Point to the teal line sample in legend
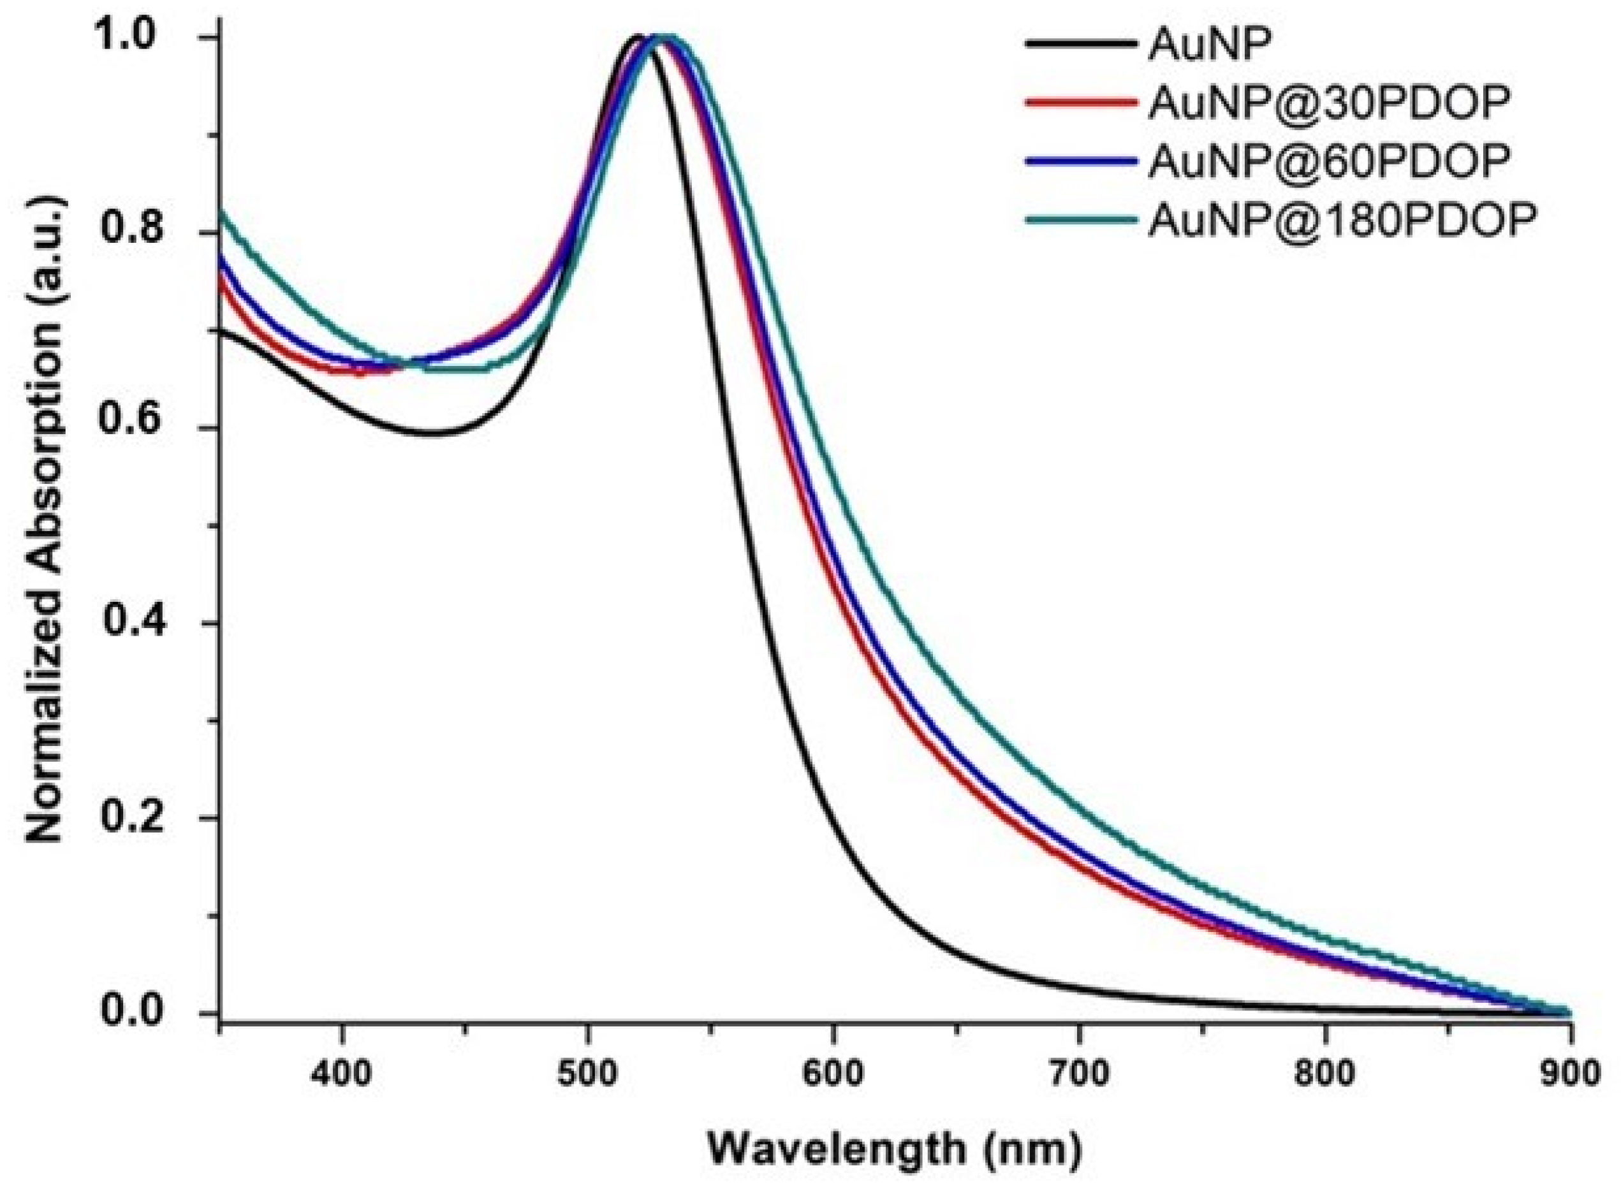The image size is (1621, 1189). pos(1079,220)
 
